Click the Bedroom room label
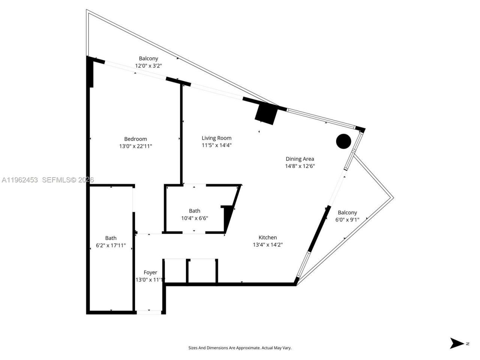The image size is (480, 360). click(x=135, y=139)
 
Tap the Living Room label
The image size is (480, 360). click(x=216, y=138)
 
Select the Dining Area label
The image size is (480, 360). click(x=300, y=159)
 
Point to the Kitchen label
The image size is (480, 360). click(x=268, y=237)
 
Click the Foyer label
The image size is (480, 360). click(x=150, y=273)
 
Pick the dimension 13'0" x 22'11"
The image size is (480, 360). click(x=135, y=146)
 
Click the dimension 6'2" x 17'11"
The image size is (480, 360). click(x=111, y=246)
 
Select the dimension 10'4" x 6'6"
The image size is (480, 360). click(x=195, y=218)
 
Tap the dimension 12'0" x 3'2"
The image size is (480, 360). click(x=148, y=66)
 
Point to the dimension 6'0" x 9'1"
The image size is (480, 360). click(x=347, y=220)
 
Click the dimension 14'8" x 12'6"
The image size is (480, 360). click(x=300, y=166)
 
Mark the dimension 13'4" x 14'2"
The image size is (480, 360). click(x=268, y=245)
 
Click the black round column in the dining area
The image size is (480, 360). click(x=343, y=141)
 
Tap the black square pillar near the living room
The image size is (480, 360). click(x=265, y=113)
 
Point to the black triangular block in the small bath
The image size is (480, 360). click(x=228, y=217)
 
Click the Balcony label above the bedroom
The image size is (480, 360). click(x=148, y=58)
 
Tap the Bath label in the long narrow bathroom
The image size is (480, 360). click(x=111, y=238)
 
